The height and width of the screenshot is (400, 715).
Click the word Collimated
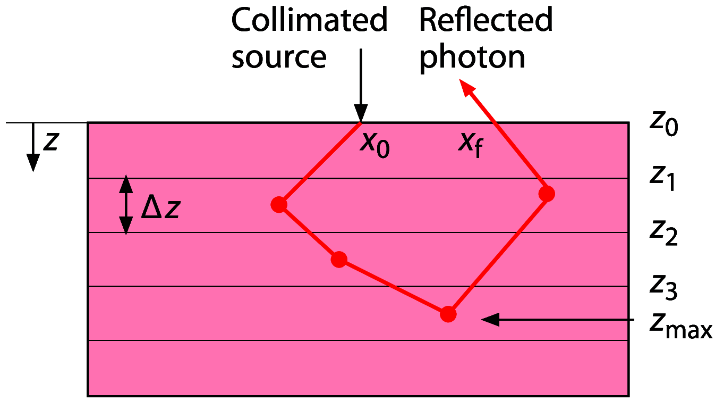(309, 21)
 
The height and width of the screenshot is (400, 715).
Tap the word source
(278, 57)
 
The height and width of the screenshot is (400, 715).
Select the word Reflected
(486, 21)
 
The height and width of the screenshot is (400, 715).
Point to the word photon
(472, 58)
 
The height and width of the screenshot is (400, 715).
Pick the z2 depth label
(663, 232)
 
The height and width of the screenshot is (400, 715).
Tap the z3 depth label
(663, 287)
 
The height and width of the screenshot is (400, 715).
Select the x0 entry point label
(374, 144)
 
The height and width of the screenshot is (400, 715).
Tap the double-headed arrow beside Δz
(126, 205)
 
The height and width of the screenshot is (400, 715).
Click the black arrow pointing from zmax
(558, 319)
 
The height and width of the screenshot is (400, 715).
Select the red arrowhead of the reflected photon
(466, 87)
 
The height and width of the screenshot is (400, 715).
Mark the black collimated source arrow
(361, 85)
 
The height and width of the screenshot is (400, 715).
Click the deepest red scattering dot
(448, 314)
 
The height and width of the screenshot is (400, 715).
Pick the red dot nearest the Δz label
(279, 204)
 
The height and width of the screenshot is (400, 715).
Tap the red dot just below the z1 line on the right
(547, 194)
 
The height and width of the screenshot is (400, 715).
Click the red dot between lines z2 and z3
(339, 260)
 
